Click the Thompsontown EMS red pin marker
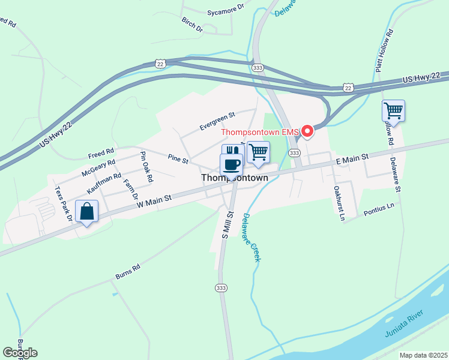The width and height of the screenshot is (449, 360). coord(308,131)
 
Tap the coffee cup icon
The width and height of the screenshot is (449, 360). coord(231,163)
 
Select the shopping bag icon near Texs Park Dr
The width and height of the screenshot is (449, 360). coord(88,212)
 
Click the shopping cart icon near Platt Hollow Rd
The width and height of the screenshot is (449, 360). coord(393,110)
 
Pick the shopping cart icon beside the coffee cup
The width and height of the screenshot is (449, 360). coord(258,152)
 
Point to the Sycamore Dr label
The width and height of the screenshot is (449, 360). coord(225,10)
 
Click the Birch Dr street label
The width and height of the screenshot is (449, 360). coord(192,24)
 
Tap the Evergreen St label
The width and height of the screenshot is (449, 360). coord(217,120)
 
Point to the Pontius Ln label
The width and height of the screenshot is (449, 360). coord(379,208)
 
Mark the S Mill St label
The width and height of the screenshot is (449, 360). coord(228,224)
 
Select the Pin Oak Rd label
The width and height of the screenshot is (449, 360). coord(145,167)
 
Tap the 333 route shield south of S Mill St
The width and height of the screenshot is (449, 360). coord(221,288)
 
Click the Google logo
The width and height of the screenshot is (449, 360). coord(20,353)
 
